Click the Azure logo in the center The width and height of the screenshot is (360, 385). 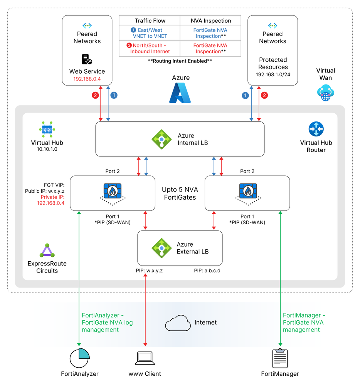tap(180, 93)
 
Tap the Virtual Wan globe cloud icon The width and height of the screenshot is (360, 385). tap(326, 93)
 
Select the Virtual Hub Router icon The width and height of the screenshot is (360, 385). tap(316, 129)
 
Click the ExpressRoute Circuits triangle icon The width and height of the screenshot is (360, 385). tap(47, 251)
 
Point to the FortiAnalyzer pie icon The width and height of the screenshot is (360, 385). tap(79, 358)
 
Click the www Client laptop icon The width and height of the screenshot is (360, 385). tap(145, 358)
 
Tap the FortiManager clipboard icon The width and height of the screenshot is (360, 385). tap(280, 358)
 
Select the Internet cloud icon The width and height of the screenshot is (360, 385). tap(178, 323)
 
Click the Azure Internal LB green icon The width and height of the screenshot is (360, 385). tap(161, 139)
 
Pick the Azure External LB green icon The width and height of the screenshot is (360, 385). tap(161, 248)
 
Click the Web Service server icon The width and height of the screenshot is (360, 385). tap(87, 59)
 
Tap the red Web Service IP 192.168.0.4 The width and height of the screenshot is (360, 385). tap(87, 79)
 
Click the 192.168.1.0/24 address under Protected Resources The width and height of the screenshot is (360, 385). tap(273, 75)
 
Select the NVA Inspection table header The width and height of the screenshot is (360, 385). tap(211, 21)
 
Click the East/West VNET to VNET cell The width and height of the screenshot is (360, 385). tap(150, 33)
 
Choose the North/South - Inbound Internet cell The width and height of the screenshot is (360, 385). tap(150, 49)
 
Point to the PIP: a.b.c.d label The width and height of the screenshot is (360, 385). tap(207, 271)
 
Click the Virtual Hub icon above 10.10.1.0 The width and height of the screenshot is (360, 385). tap(47, 129)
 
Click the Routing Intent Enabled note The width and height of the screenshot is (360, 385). tap(180, 61)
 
